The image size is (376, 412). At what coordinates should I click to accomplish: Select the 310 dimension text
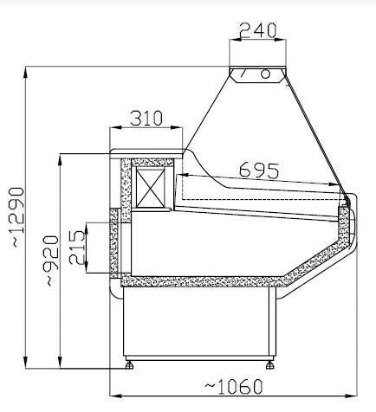(146, 119)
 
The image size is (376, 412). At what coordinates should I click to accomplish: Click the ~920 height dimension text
(51, 261)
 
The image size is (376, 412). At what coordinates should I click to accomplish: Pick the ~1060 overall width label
(235, 386)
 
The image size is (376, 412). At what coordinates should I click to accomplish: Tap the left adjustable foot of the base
(131, 364)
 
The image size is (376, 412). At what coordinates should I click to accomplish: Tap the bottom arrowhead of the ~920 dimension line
(59, 364)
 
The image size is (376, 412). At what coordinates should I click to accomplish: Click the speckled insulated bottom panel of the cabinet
(199, 281)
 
